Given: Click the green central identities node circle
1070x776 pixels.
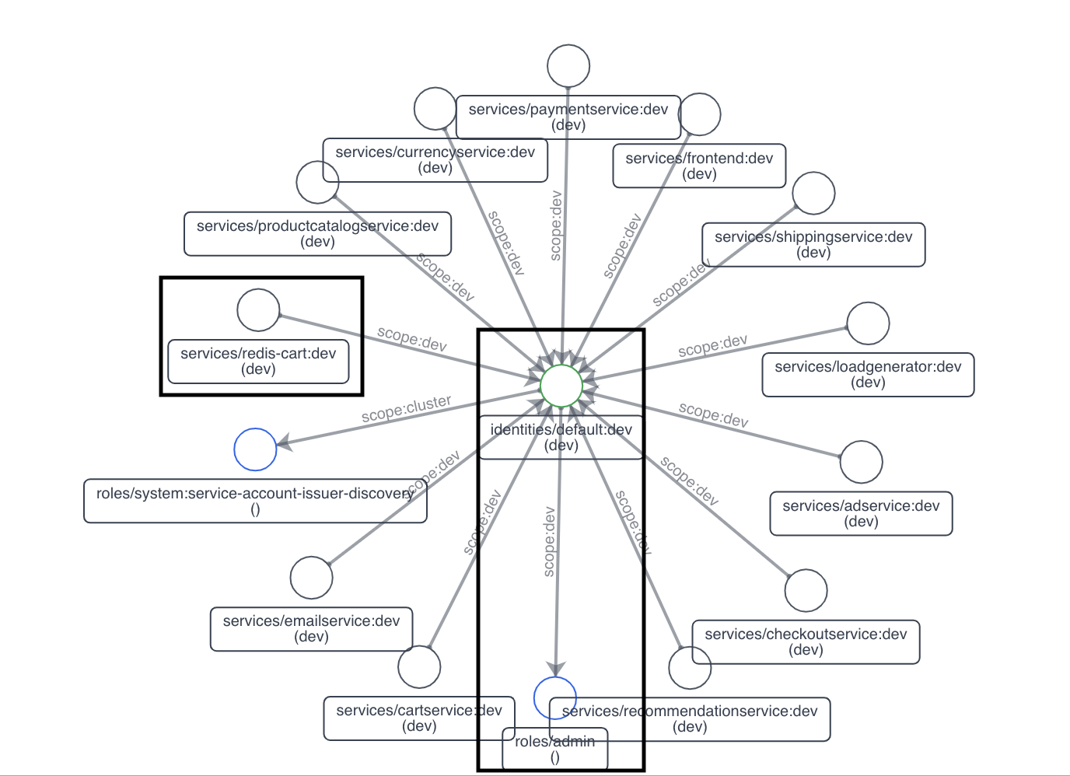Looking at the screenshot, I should (561, 386).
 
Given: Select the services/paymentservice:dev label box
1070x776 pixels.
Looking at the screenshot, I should (568, 117).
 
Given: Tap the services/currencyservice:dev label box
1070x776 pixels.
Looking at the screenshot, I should (435, 160).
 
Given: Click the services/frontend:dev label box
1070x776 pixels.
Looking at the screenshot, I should (699, 166).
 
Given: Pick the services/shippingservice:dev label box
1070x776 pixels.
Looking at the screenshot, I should (813, 245).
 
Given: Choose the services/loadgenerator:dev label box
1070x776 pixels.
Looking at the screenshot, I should (868, 375).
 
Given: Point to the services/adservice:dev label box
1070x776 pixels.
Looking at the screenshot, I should (861, 513).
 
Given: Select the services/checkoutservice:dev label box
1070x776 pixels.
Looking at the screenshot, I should (806, 641).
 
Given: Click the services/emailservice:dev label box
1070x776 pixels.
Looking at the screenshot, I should (311, 629).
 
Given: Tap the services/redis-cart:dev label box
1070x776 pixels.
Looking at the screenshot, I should (258, 362).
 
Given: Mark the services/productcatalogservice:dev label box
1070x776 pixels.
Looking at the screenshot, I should (317, 233).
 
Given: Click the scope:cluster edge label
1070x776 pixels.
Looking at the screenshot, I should (406, 408).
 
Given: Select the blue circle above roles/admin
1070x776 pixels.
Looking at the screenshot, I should (555, 697).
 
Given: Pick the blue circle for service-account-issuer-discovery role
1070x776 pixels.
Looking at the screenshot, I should (255, 449).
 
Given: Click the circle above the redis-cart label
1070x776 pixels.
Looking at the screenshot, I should (258, 309).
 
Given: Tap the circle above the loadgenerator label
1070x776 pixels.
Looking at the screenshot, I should (868, 323).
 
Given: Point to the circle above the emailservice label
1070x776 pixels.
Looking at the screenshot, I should (311, 578).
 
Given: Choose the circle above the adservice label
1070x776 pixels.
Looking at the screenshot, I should (862, 462).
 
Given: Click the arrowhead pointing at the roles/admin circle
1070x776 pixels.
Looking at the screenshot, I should (555, 669).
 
